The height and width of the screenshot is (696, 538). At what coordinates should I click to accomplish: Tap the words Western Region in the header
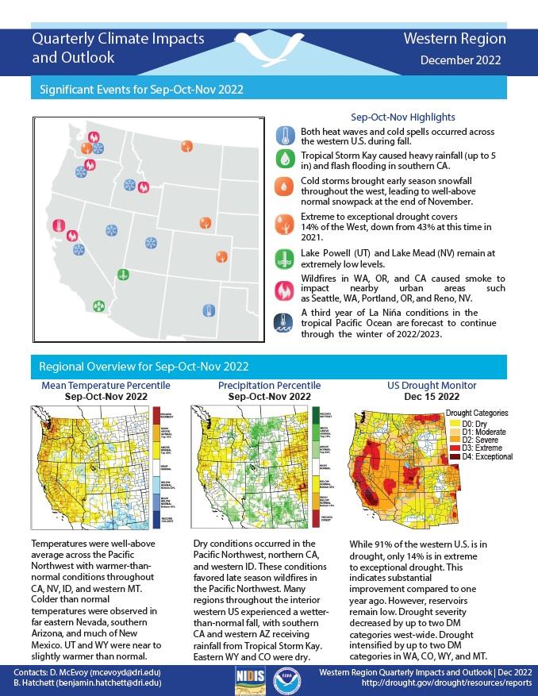[x=454, y=38]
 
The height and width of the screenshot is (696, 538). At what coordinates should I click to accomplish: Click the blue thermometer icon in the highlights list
[x=285, y=133]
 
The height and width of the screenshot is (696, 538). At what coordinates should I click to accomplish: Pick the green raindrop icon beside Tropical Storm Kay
[x=285, y=160]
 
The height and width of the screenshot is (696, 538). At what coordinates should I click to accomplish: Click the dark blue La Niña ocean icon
[x=285, y=322]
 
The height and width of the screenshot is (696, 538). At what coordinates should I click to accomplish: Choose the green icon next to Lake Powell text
[x=285, y=259]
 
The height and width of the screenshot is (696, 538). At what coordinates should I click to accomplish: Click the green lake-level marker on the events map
[x=123, y=274]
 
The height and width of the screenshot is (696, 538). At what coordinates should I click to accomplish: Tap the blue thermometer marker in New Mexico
[x=209, y=310]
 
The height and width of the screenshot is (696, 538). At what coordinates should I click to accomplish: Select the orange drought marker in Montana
[x=186, y=146]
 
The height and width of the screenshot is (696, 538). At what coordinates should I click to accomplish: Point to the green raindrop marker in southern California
[x=98, y=305]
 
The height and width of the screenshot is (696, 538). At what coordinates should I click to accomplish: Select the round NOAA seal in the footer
[x=286, y=676]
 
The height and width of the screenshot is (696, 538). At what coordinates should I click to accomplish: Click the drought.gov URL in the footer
[x=447, y=683]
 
